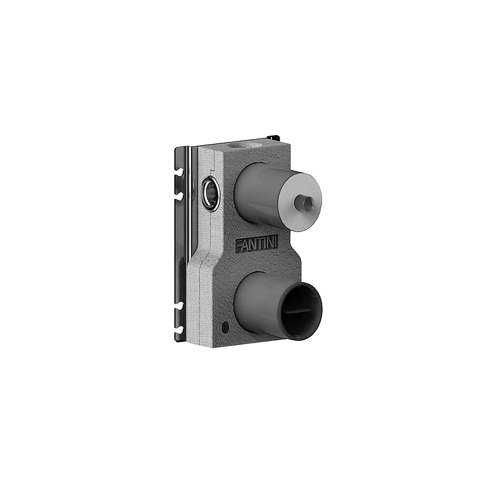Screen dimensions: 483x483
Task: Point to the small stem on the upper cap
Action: [305, 204]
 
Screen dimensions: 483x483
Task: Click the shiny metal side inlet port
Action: [211, 193]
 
